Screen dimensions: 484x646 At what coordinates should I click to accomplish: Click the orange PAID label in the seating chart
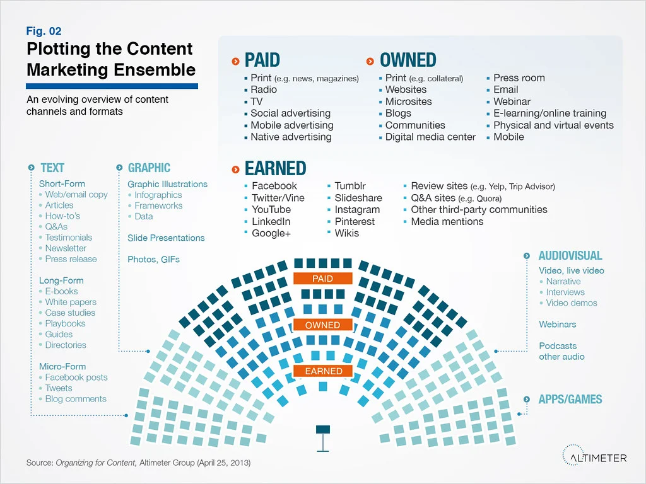tap(322, 279)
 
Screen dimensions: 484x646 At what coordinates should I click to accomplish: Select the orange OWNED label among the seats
tap(322, 325)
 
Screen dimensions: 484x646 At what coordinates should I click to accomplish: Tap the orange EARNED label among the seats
tap(324, 371)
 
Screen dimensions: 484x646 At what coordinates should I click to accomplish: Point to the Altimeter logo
tap(594, 457)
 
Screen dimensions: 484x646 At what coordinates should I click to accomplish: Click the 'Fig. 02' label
tap(44, 31)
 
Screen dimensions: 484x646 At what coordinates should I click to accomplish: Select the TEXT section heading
tap(52, 168)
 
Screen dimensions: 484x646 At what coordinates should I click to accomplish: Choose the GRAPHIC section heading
tap(149, 168)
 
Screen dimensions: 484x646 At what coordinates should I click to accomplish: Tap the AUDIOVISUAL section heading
tap(570, 256)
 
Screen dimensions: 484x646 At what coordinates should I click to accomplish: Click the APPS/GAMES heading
tap(570, 400)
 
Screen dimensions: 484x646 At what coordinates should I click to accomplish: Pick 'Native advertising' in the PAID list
tap(291, 137)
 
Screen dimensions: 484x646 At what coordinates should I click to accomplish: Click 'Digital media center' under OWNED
tap(430, 137)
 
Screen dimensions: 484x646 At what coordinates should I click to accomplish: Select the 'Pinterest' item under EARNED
tap(355, 221)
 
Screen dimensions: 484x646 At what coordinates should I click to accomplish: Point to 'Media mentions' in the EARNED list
tap(447, 221)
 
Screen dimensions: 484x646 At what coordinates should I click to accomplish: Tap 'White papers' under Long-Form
tap(70, 302)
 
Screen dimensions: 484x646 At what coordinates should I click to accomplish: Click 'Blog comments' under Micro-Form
tap(76, 399)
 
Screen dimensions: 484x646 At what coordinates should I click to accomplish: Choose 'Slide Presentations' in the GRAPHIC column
tap(166, 238)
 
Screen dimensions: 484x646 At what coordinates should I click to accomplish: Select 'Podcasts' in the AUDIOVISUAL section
tap(558, 345)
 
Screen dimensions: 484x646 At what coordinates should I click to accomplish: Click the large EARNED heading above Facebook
tap(275, 168)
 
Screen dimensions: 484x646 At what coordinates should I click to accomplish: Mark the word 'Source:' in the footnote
tap(40, 463)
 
